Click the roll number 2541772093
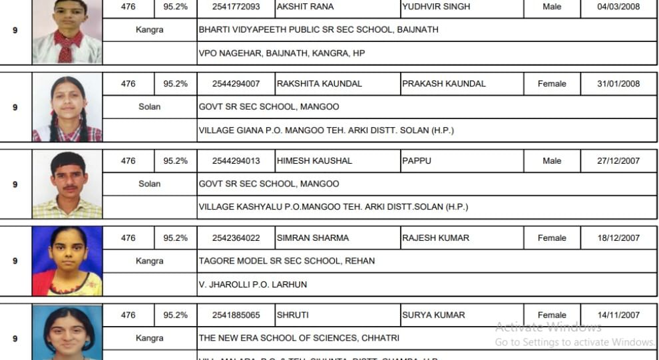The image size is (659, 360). (x=236, y=7)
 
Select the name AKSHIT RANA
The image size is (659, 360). (x=305, y=7)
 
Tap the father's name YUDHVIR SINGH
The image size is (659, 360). (x=436, y=7)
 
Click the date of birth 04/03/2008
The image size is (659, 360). (x=618, y=7)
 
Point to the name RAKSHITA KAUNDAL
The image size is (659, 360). (x=320, y=84)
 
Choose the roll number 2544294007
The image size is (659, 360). (x=236, y=84)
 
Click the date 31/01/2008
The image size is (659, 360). (x=618, y=84)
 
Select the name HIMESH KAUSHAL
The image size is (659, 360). (x=315, y=161)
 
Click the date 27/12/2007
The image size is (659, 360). (x=618, y=161)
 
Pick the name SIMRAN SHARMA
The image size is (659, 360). (x=313, y=238)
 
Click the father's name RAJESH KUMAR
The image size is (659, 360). (x=436, y=238)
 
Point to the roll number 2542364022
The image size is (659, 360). (x=236, y=238)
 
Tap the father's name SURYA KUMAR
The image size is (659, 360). (x=433, y=315)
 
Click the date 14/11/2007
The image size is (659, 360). (x=618, y=315)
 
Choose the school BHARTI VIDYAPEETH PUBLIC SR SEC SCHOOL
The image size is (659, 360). (x=318, y=30)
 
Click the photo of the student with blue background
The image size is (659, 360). (x=67, y=261)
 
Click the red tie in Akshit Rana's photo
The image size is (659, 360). (x=66, y=47)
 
